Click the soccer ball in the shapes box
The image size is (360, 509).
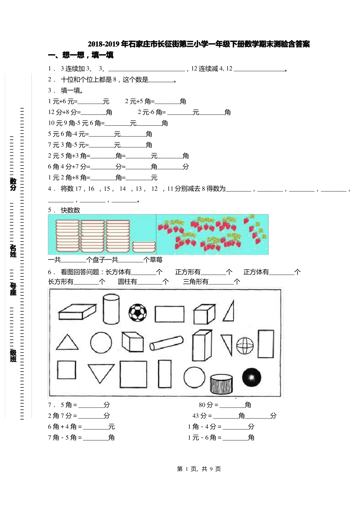point(137,312)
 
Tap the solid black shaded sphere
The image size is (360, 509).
point(251,378)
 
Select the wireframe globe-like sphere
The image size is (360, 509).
point(245,345)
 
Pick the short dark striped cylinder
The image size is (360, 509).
point(221,384)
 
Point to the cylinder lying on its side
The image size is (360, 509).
point(166,343)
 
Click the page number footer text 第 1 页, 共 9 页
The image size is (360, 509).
point(199,469)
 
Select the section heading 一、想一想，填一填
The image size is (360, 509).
point(81,55)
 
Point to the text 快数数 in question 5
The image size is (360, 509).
point(70,210)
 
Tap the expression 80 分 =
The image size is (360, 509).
point(209,405)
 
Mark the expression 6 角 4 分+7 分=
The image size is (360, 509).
point(69,167)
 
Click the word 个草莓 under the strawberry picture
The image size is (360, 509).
point(153,260)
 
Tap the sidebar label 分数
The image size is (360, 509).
point(13,184)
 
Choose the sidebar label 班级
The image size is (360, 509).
point(13,356)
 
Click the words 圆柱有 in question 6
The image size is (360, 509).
point(127,281)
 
